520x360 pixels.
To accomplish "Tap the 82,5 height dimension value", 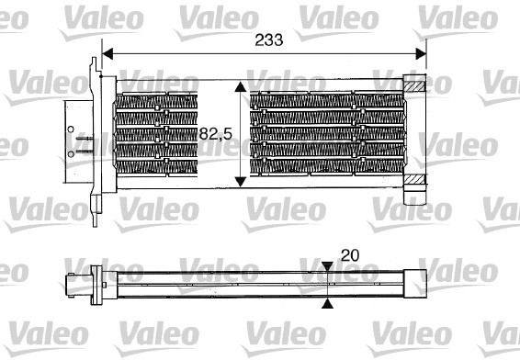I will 214,134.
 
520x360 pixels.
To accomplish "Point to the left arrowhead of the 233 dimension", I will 107,53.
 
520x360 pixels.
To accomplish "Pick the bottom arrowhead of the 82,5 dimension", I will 241,179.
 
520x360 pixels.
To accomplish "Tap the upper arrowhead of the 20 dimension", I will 329,268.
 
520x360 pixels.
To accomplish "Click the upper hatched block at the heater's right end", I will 415,86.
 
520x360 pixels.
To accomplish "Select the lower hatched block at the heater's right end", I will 415,177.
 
